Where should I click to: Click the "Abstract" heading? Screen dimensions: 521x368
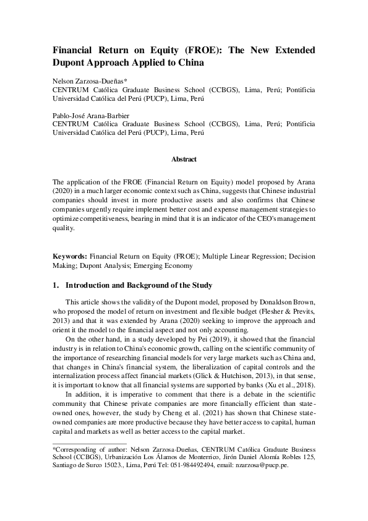(x=184, y=159)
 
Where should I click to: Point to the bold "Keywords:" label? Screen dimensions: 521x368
(x=70, y=256)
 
